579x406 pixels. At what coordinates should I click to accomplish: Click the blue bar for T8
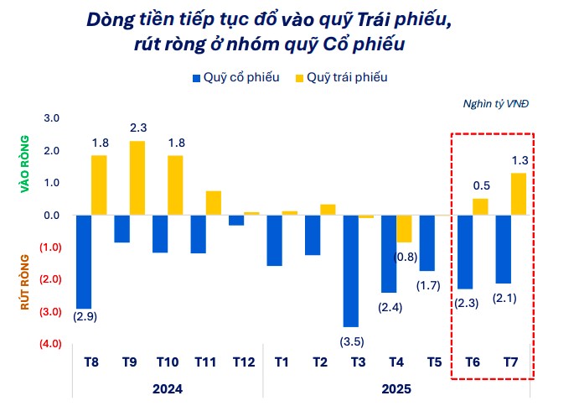pos(84,262)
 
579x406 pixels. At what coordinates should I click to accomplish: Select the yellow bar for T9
pos(137,178)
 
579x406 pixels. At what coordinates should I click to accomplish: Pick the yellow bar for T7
pos(519,194)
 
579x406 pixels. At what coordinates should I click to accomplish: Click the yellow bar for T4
pos(404,229)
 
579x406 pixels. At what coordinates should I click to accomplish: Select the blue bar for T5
pos(427,243)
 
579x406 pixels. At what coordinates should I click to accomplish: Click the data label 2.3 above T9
pos(138,128)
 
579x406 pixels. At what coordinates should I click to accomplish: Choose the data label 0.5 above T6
pos(481,185)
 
